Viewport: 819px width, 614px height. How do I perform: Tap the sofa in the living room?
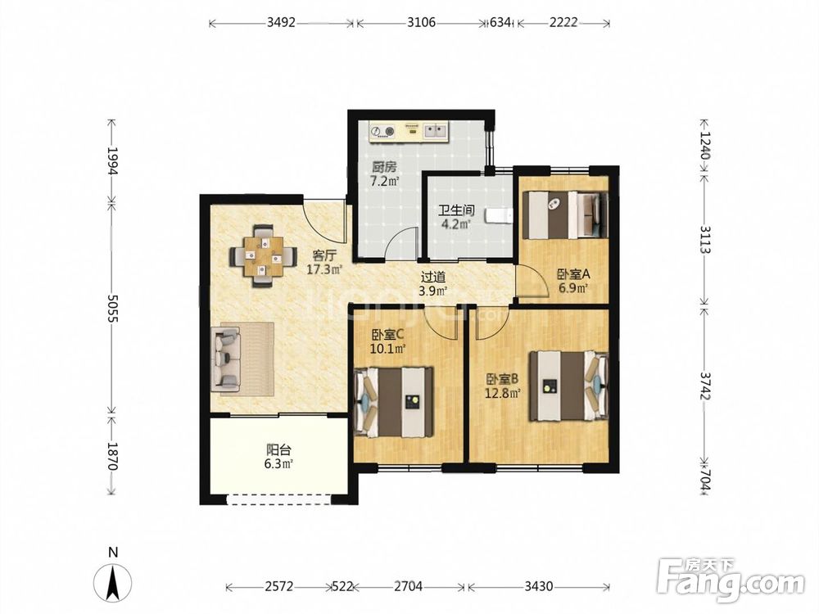pos(225,359)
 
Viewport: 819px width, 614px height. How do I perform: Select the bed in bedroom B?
pos(569,386)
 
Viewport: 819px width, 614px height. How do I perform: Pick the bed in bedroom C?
pos(394,402)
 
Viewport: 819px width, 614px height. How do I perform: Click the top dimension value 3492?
pos(281,22)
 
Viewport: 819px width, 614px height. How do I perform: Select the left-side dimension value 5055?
pos(111,308)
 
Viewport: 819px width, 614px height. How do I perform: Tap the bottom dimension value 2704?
pos(408,586)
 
